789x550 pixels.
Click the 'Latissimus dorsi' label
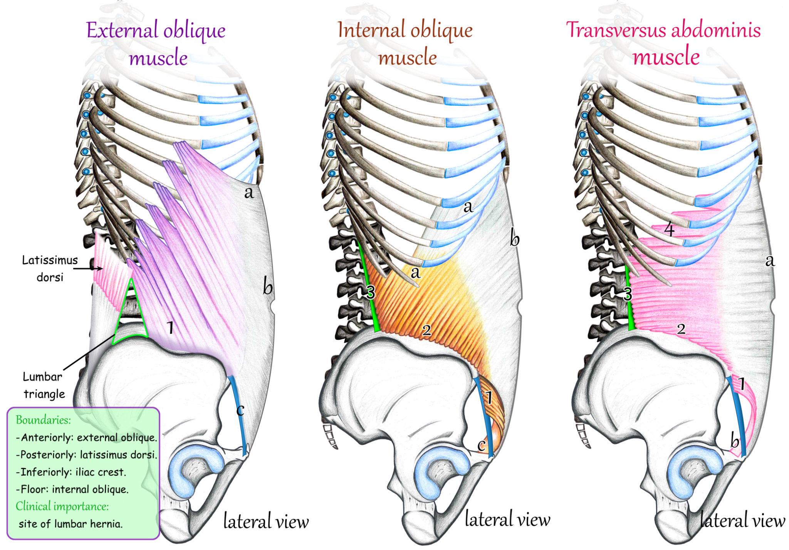(50, 269)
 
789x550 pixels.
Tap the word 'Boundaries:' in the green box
(43, 420)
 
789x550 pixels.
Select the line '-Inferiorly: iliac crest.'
(71, 472)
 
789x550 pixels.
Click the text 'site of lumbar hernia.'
(71, 524)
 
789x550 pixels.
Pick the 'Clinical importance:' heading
(62, 506)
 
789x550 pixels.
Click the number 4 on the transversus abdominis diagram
(670, 230)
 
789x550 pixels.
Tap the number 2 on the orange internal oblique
(426, 330)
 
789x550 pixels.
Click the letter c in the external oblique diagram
(240, 410)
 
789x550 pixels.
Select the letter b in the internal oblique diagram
(514, 240)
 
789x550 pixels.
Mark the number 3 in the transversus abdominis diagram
(628, 294)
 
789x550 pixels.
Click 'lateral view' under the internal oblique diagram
(507, 520)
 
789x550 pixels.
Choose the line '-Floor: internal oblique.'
(72, 489)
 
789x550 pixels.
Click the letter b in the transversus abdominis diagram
(735, 442)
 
